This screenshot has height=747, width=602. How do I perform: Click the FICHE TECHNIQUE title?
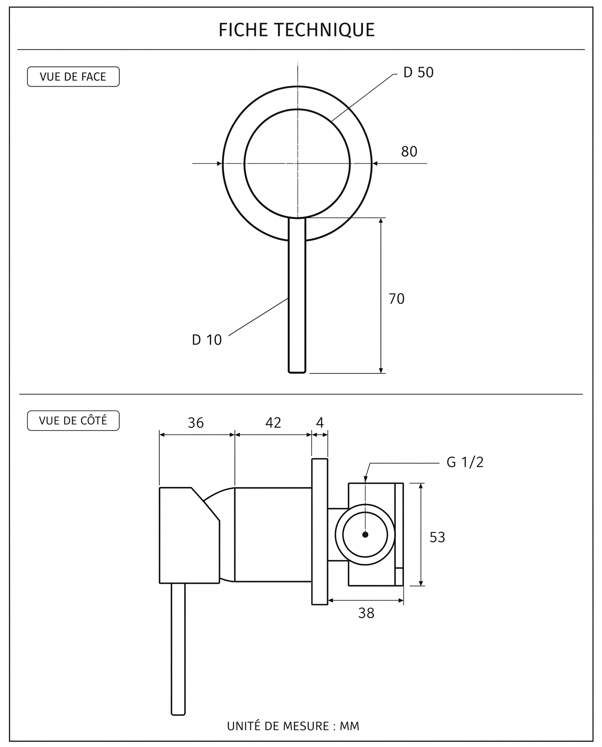297,30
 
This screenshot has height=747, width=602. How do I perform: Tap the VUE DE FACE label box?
73,77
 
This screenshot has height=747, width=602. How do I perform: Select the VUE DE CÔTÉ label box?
73,421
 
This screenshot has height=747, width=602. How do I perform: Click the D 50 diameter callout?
418,72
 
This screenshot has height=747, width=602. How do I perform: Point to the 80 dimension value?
409,152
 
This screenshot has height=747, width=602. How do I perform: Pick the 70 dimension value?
397,299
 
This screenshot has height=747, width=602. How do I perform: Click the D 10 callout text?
207,340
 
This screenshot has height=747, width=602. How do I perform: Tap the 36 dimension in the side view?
196,423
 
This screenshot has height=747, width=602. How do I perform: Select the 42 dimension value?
273,423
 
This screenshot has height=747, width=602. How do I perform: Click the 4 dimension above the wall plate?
320,423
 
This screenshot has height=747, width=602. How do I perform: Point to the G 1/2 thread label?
465,462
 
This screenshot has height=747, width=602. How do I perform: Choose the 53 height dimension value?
437,538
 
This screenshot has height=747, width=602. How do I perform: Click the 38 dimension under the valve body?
366,613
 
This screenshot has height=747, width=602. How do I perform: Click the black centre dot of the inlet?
365,535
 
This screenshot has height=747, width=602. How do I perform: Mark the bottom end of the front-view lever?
297,373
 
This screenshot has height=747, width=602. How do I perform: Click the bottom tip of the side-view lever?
178,715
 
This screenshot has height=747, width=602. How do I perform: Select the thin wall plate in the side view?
320,532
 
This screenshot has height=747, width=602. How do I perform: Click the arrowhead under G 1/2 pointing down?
365,479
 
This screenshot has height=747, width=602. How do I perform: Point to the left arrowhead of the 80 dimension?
219,163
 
